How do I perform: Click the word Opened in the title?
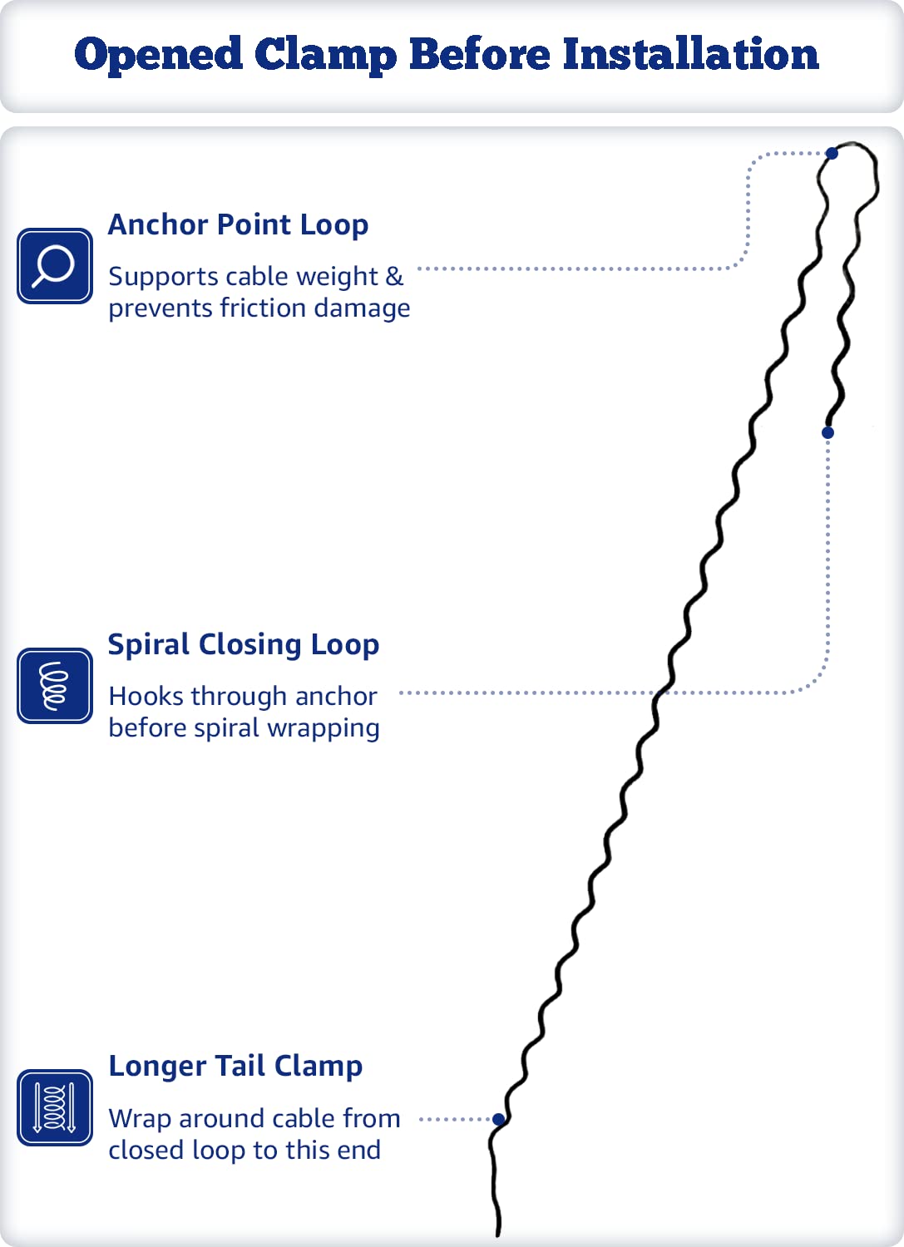click(158, 55)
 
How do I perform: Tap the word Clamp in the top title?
click(326, 56)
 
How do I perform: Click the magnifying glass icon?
click(55, 265)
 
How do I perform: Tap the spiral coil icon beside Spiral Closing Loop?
click(55, 685)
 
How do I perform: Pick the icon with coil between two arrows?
click(55, 1107)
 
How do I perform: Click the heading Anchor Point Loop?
click(238, 225)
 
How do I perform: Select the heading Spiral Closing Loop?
click(244, 645)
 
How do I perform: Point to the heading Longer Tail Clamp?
click(235, 1067)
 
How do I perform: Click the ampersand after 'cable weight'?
click(394, 277)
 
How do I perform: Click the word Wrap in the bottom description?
click(140, 1119)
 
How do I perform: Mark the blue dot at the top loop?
click(832, 153)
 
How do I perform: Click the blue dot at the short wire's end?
click(827, 432)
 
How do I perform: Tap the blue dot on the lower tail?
click(499, 1119)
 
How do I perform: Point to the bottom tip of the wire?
click(498, 1235)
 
